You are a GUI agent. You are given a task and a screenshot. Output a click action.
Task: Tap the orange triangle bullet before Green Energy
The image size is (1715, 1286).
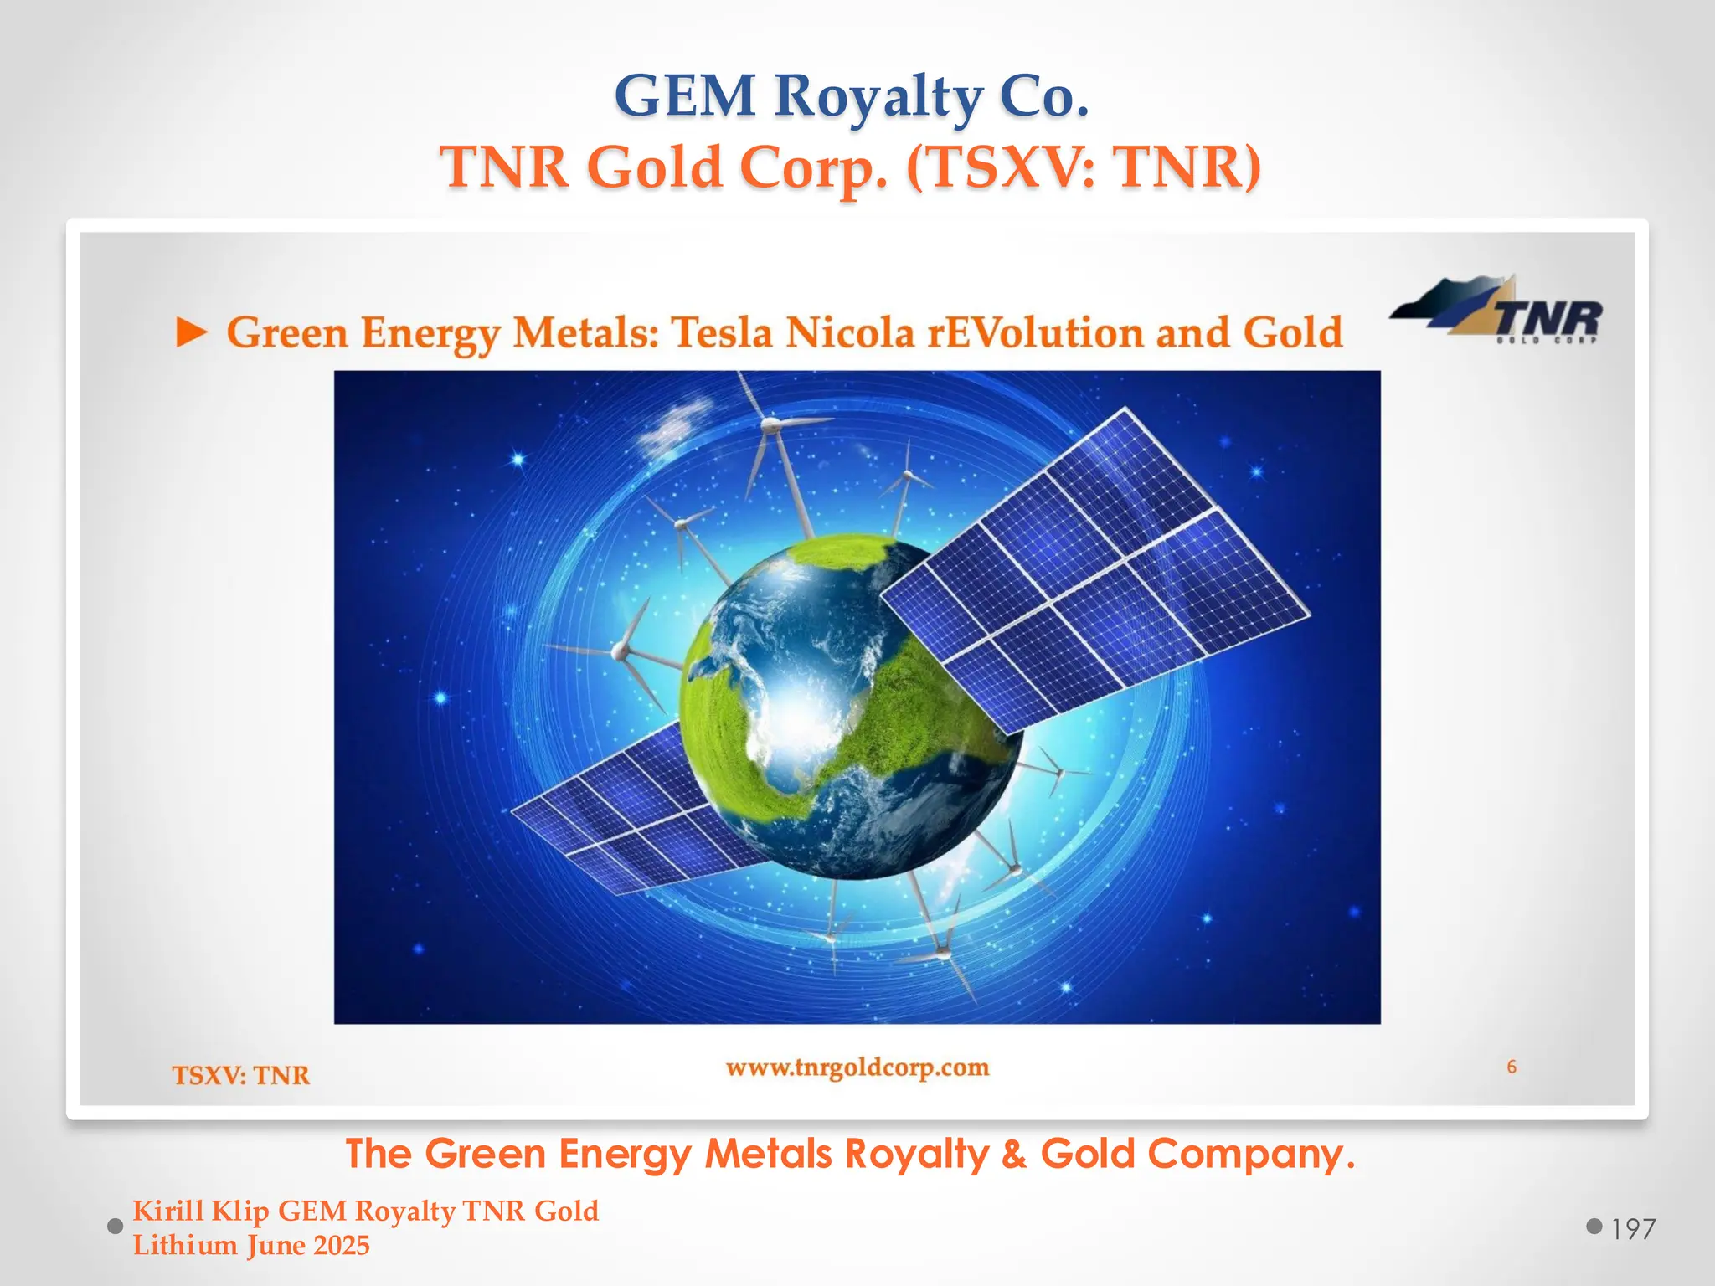pos(192,334)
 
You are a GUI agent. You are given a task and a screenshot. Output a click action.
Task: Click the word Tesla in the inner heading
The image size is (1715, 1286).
pos(722,332)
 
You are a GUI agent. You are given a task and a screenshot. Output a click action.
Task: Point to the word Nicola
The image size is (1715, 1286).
pos(849,332)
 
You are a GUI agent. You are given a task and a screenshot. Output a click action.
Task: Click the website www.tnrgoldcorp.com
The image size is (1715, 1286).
pos(857,1067)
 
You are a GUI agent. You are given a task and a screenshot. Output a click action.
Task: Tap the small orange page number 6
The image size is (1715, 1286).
pos(1512,1067)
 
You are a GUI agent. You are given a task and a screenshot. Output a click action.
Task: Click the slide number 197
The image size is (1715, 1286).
pos(1633,1229)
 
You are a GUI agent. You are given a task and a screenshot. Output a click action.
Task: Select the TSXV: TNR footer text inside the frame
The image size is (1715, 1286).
pos(241,1075)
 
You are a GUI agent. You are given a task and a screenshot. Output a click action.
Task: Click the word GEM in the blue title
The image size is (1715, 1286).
pos(685,96)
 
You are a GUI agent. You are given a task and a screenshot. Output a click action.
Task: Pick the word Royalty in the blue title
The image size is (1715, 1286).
pos(878,98)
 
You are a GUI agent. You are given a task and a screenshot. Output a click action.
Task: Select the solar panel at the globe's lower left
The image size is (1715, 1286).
pos(620,812)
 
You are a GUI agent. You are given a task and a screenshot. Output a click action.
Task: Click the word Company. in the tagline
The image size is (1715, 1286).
pos(1251,1154)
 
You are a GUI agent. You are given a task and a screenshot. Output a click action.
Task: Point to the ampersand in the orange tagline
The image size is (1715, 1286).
pos(1013,1154)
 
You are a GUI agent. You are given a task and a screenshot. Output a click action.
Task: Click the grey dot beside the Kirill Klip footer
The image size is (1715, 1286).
pos(116,1227)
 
